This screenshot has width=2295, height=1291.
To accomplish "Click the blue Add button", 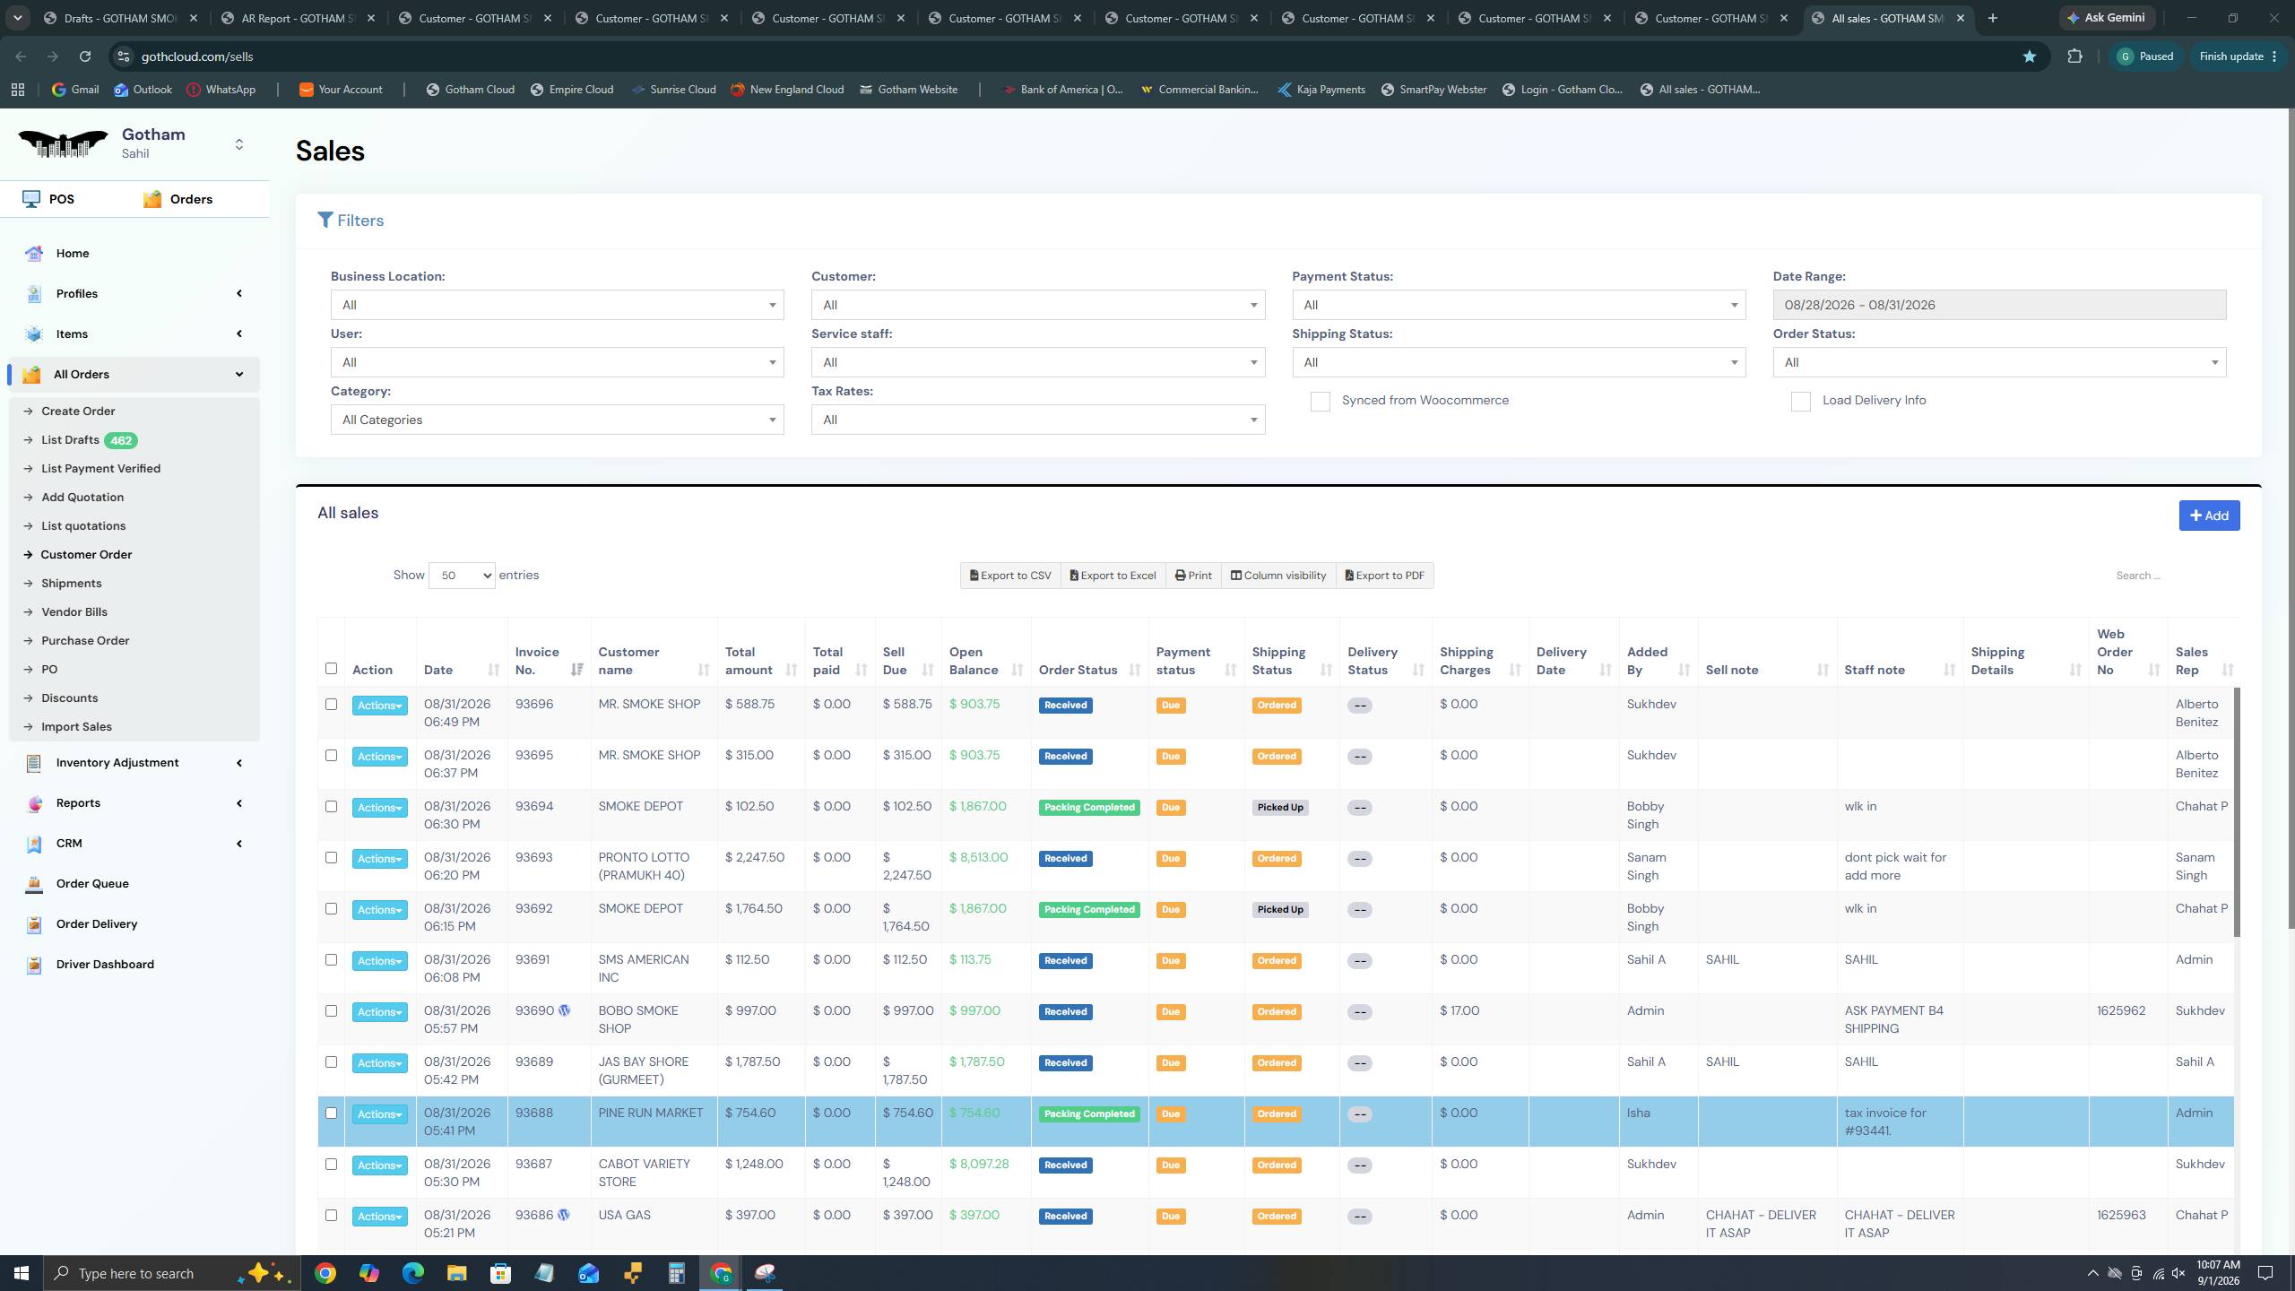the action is coord(2209,516).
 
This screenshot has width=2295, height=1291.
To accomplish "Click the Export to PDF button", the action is coord(1385,576).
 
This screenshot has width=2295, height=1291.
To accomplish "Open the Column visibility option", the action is coord(1278,576).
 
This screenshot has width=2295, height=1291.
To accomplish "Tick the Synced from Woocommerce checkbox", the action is coord(1320,401).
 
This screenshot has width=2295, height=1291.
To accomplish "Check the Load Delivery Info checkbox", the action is coord(1800,401).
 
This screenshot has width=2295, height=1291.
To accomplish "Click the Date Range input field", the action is coord(1999,305).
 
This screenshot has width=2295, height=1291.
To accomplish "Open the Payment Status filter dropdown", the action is coord(1519,305).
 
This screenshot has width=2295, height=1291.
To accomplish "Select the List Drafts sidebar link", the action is coord(70,440).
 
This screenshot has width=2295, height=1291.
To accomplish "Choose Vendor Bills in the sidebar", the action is coord(74,612).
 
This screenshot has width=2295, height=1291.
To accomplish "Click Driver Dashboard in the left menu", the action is coord(105,965).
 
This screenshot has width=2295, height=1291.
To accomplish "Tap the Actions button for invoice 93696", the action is coord(379,706).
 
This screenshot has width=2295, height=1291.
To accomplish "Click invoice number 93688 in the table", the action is coord(534,1113).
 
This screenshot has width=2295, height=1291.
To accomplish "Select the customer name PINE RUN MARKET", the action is coord(651,1113).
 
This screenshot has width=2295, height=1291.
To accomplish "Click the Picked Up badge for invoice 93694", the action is coord(1279,808).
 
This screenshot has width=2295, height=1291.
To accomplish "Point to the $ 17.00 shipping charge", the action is coord(1459,1011).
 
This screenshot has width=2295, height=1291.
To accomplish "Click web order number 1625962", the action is coord(2121,1011).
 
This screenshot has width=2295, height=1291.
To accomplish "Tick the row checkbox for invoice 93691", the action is coord(331,960).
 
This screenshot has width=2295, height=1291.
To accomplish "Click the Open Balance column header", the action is coord(974,661).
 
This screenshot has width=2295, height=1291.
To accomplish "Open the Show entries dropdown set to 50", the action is coord(462,576).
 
